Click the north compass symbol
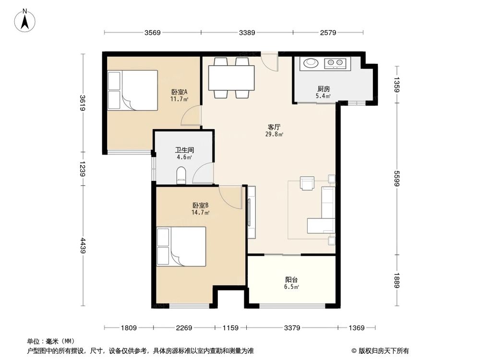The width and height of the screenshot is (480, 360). pos(25,21)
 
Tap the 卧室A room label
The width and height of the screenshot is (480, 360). pos(179,92)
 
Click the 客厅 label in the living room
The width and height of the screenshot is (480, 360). pos(274,127)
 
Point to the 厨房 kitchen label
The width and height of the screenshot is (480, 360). pos(324,89)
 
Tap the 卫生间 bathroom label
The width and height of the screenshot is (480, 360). pos(184,150)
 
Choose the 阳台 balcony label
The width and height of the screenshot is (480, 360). pos(291,280)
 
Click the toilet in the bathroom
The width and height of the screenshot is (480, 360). pos(181,175)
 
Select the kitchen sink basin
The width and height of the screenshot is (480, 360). pos(311,63)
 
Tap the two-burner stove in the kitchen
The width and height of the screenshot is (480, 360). pos(335,63)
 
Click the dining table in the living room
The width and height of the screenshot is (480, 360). pos(231,78)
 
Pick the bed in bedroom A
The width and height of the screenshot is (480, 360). pos(132,90)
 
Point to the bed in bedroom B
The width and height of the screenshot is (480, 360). pos(181,246)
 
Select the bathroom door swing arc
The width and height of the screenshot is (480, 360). pos(202,174)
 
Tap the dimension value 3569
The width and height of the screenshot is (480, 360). pos(153,33)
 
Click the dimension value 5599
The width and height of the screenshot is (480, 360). pos(397,179)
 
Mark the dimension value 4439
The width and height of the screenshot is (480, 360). pos(83,246)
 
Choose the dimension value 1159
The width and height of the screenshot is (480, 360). pos(230,328)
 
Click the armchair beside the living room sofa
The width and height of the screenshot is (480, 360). pos(307,183)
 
